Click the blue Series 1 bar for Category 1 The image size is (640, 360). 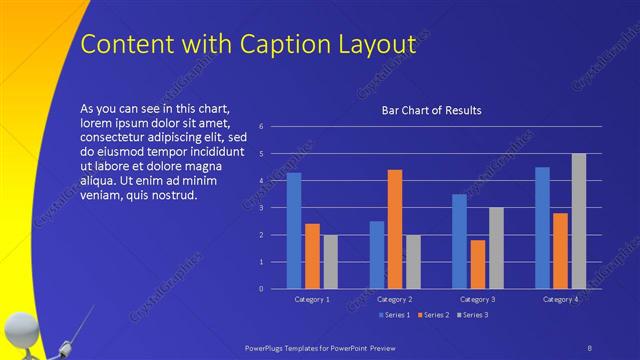[294, 231]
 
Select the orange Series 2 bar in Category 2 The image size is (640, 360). [395, 229]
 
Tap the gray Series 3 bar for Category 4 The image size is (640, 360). [579, 221]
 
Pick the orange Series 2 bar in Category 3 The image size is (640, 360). [478, 264]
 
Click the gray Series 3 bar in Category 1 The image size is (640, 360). [331, 262]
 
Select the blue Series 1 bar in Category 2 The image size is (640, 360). [377, 255]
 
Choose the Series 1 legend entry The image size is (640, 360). [396, 315]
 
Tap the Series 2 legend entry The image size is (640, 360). [434, 315]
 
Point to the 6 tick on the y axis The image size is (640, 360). [260, 127]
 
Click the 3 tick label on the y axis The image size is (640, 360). [260, 208]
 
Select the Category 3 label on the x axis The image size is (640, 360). [478, 299]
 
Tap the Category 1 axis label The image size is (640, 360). [313, 299]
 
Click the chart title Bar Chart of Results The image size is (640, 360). [432, 110]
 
